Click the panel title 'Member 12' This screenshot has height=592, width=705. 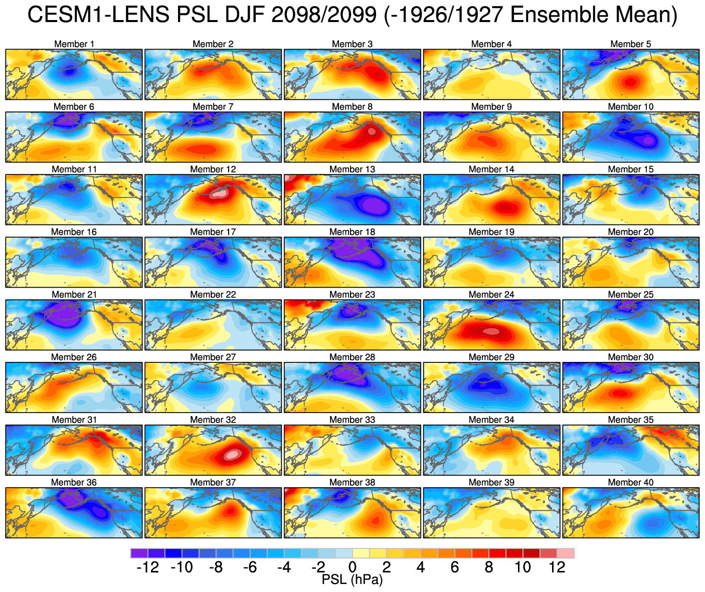pyautogui.click(x=213, y=169)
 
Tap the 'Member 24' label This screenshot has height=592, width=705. pyautogui.click(x=491, y=295)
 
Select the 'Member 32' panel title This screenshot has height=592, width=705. pyautogui.click(x=213, y=420)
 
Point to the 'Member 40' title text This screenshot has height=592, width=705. pyautogui.click(x=631, y=483)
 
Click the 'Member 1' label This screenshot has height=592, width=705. pyautogui.click(x=74, y=44)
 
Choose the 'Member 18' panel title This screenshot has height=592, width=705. pyautogui.click(x=352, y=232)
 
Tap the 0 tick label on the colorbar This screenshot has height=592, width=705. pyautogui.click(x=352, y=567)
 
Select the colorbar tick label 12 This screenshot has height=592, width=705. pyautogui.click(x=557, y=567)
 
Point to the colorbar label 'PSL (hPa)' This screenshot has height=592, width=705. pyautogui.click(x=352, y=580)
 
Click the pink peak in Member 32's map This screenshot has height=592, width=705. pyautogui.click(x=232, y=455)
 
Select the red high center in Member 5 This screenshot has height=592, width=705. pyautogui.click(x=630, y=81)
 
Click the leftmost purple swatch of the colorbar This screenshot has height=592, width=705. pyautogui.click(x=139, y=553)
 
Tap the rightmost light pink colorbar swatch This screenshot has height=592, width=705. pyautogui.click(x=566, y=553)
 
